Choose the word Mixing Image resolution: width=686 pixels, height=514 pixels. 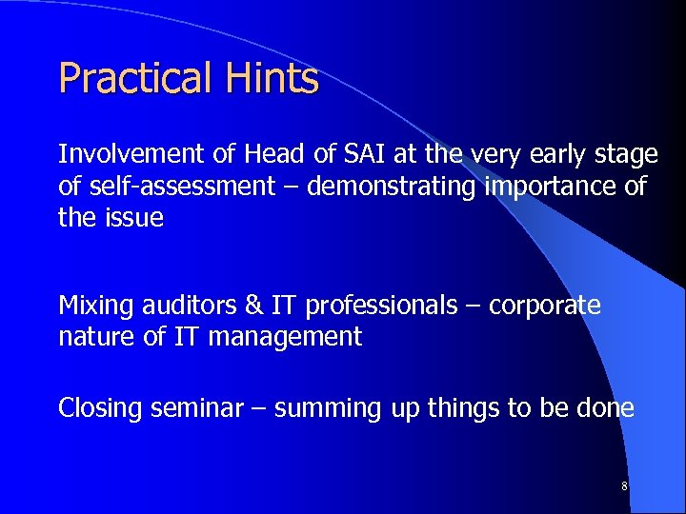click(92, 306)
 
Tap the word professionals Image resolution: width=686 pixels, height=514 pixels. click(391, 306)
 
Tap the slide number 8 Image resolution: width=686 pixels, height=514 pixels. click(624, 486)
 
